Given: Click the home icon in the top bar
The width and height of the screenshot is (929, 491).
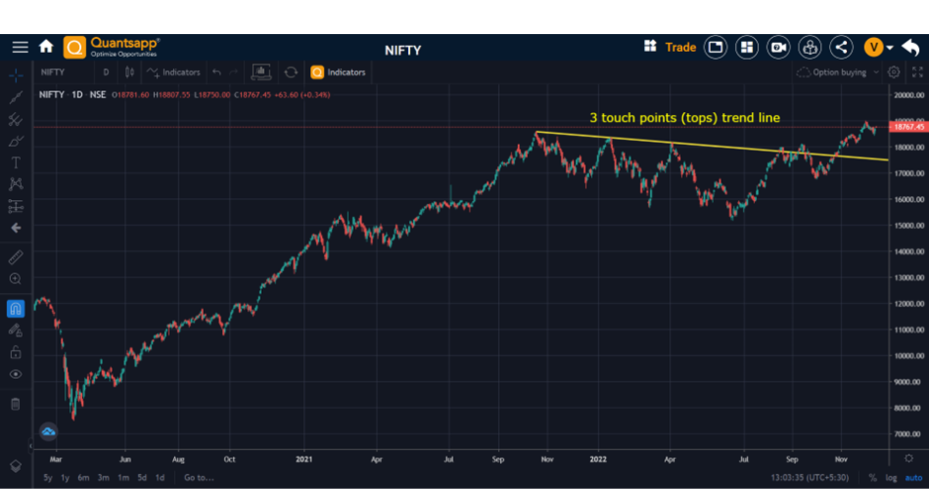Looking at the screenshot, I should pos(46,47).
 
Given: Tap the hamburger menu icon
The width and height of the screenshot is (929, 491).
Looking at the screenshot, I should pos(20,47).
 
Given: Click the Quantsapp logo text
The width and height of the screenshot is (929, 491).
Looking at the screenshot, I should pos(124,44).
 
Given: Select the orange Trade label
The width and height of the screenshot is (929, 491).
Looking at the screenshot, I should pos(680,47).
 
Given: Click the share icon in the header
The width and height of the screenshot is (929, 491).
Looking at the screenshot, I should pos(841,47).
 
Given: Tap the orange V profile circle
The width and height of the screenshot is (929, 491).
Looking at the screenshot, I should pos(873,47).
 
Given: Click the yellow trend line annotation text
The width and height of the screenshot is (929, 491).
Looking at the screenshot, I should pos(684,118).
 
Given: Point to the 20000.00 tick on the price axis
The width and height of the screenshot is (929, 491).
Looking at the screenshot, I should pos(909,95).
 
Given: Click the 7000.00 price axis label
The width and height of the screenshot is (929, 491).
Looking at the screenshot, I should pos(907,434).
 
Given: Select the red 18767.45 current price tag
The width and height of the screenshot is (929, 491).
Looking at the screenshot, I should pos(909,127).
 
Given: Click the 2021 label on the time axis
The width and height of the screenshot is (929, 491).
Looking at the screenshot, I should pos(304,459).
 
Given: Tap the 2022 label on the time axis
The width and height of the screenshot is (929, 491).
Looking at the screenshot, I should pos(598,459).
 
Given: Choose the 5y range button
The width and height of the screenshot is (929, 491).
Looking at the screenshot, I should pos(48,477).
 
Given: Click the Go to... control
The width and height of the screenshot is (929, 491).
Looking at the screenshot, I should pos(198,477).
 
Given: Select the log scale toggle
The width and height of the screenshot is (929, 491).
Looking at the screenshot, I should pos(891,477).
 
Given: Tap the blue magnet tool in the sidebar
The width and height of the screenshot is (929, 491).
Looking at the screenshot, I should pos(15,309).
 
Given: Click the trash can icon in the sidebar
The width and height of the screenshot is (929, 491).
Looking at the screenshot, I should pos(15,404).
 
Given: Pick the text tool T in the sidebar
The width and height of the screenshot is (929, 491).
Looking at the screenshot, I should pos(15,163).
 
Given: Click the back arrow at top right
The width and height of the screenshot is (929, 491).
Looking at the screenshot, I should pos(911,47).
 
